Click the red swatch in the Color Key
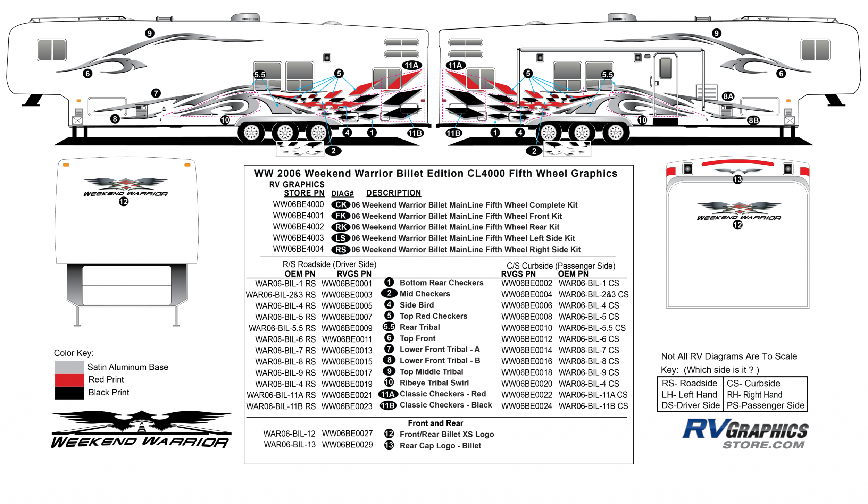pos(69,380)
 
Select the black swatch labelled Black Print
pos(69,393)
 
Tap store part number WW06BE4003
pos(298,238)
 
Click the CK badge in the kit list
pos(340,205)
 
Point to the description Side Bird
pos(416,305)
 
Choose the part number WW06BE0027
pos(347,434)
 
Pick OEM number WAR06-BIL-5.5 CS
pos(592,328)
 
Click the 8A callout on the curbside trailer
pos(728,96)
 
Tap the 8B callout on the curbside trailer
pos(753,120)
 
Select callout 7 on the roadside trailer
pos(156,93)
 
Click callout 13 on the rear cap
pos(737,179)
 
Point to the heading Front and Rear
pos(435,423)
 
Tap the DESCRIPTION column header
pos(393,193)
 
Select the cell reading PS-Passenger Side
pos(765,405)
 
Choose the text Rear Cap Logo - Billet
pos(440,446)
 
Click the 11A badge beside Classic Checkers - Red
pos(388,394)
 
